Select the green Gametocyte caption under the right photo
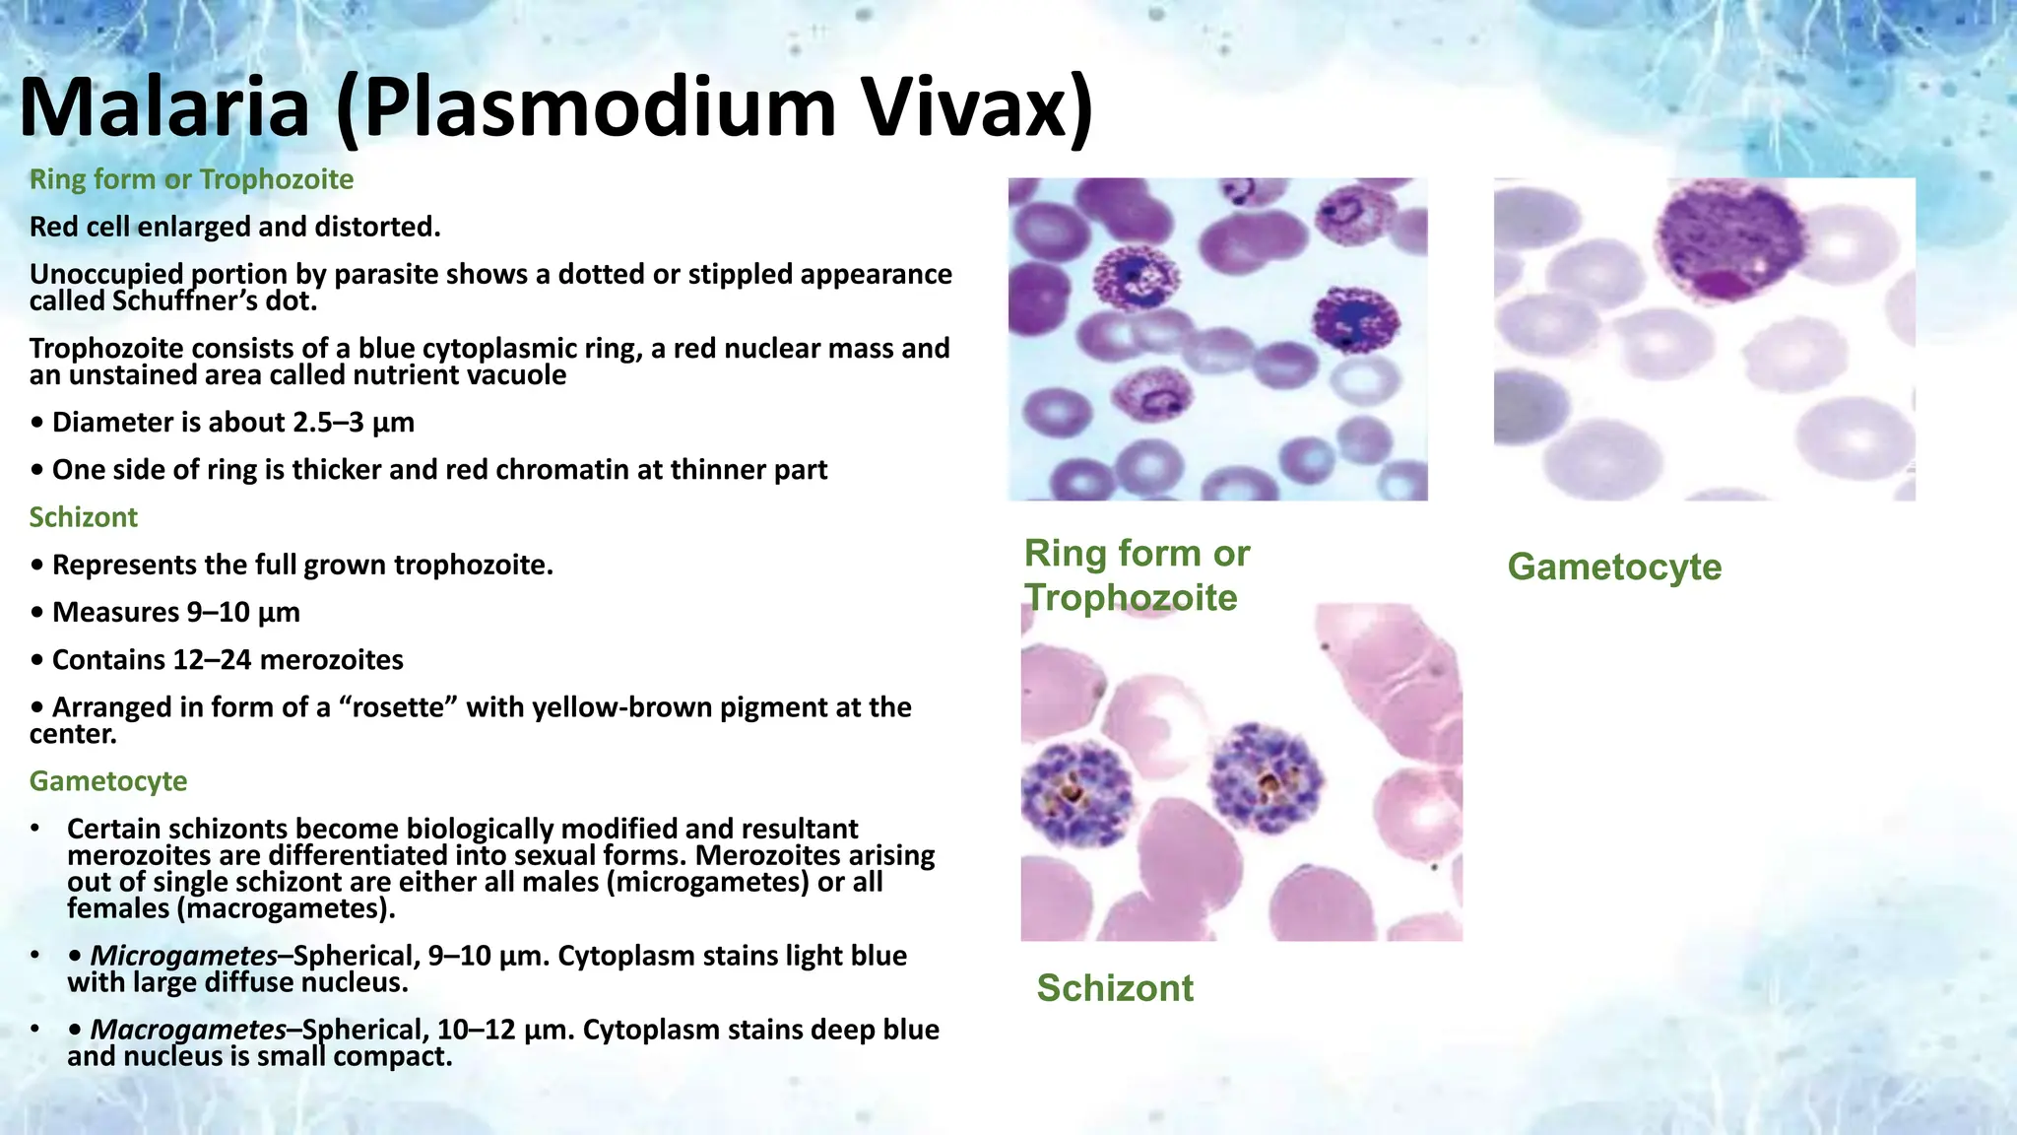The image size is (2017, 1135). [1614, 567]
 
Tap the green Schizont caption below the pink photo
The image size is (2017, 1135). [1115, 987]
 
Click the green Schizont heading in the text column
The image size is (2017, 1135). [84, 517]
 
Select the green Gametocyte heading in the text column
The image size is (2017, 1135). [108, 781]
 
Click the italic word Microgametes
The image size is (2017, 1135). [184, 956]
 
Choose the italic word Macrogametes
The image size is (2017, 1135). [188, 1030]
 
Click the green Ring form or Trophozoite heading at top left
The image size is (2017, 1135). [191, 179]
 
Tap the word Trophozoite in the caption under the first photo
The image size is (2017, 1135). [1131, 598]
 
